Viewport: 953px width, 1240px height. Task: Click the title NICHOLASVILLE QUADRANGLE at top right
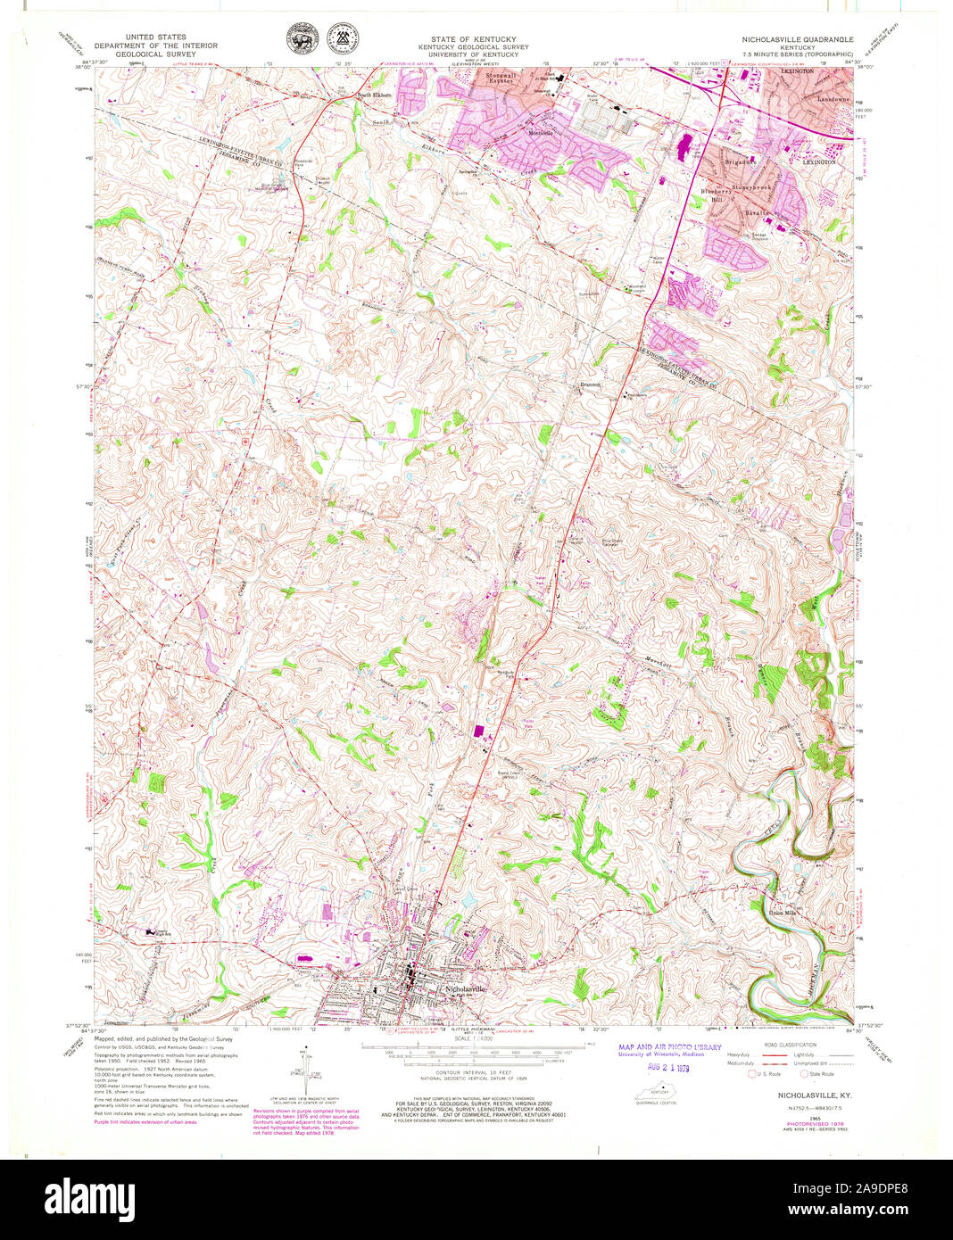797,40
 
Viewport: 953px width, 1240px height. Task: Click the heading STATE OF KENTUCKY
460,40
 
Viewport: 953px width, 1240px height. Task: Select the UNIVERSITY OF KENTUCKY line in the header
460,54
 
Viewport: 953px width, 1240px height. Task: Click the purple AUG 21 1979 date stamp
669,1066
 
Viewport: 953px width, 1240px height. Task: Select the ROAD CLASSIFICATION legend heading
791,1044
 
